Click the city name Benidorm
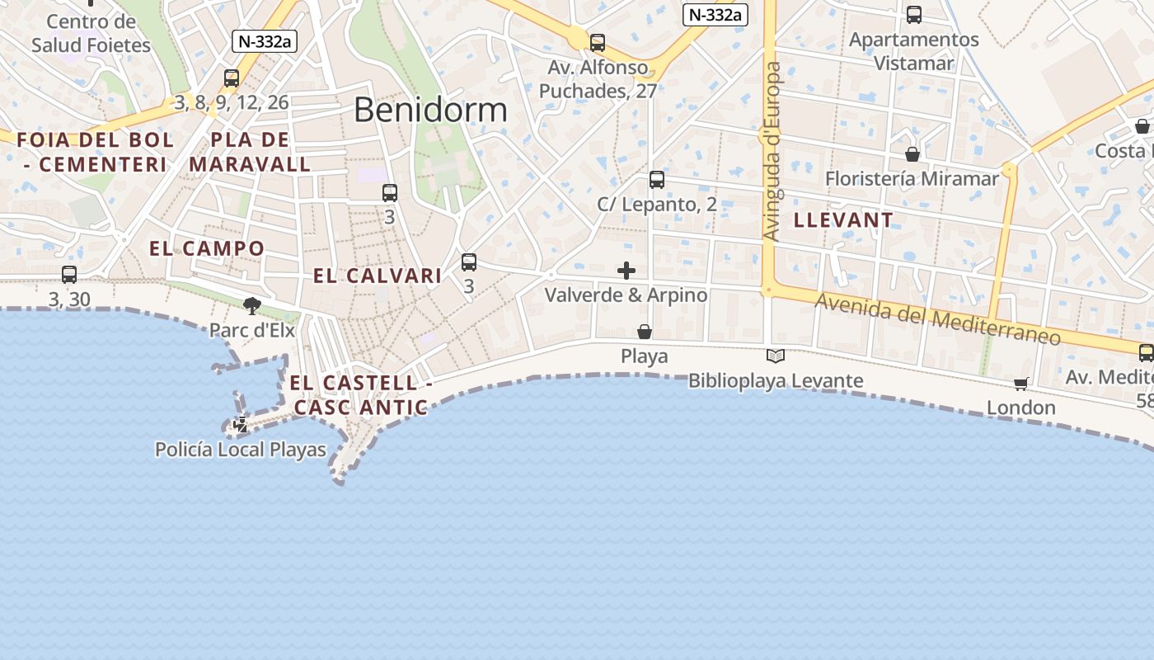(x=430, y=110)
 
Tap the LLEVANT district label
(x=843, y=220)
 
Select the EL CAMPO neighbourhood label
(x=207, y=248)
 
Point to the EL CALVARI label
(x=378, y=276)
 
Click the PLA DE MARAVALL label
(x=250, y=152)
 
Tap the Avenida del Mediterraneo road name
(x=937, y=320)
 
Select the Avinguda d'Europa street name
(x=772, y=152)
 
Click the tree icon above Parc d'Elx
(x=252, y=306)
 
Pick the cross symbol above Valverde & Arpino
(x=626, y=271)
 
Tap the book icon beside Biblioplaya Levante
(x=776, y=356)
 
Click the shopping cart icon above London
(x=1021, y=384)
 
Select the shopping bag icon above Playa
(x=645, y=332)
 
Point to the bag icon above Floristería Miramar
(x=912, y=154)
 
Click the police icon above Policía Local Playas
(x=241, y=426)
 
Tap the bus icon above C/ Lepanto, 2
(x=657, y=180)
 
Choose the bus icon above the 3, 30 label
(x=69, y=275)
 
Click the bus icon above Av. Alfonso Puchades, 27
(x=598, y=43)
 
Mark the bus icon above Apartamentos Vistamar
(x=914, y=15)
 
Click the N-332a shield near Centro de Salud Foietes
(x=264, y=42)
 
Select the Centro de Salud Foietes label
(x=91, y=33)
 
